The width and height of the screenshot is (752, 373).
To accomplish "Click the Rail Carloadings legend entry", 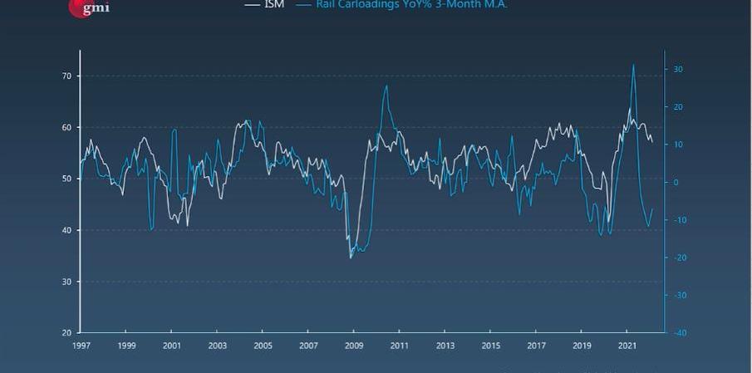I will tap(411, 4).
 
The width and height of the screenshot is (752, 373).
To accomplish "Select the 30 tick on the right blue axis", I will tap(678, 69).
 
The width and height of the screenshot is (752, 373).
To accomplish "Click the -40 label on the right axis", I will tap(680, 333).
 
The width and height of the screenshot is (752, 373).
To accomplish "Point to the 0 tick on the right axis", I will tap(676, 182).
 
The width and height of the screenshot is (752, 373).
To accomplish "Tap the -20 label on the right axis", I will tap(680, 258).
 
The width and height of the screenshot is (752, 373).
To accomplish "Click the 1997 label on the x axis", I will tap(81, 346).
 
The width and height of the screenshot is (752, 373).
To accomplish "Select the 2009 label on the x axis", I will tap(355, 346).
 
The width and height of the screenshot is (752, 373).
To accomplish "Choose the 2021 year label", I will tap(628, 346).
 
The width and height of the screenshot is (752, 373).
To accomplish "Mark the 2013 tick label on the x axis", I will tap(445, 346).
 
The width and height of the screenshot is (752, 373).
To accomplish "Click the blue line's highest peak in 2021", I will tap(633, 64).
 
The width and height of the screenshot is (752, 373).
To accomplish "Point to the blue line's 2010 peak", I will tap(386, 86).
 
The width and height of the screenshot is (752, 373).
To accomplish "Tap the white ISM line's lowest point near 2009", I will tap(350, 258).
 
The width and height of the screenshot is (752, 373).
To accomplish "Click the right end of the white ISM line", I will tap(652, 142).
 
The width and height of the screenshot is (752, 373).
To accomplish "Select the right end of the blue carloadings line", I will tap(652, 209).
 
